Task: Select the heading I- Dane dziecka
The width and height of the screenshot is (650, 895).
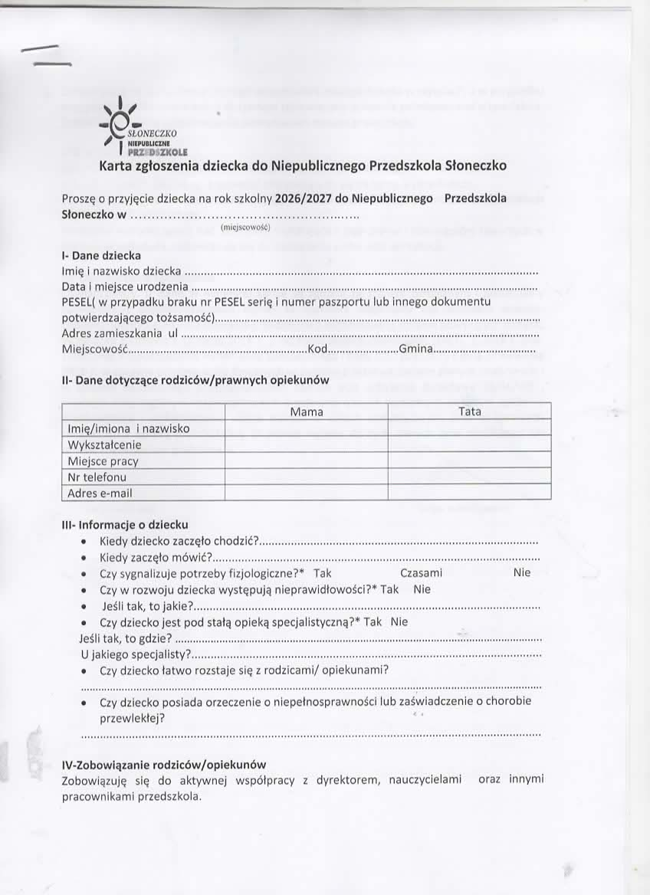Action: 101,255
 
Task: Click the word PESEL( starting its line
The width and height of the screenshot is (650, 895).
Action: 77,302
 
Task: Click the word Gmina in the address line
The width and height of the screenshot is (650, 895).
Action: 416,350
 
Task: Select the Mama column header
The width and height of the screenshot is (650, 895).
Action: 307,411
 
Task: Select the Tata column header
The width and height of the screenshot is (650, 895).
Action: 469,411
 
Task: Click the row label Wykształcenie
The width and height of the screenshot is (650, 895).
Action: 105,444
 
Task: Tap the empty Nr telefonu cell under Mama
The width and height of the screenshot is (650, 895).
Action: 307,477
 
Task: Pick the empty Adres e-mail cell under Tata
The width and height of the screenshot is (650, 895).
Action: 469,493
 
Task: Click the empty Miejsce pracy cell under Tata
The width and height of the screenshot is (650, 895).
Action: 469,461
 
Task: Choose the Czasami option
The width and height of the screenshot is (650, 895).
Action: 421,572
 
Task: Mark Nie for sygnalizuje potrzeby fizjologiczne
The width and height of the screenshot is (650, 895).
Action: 521,572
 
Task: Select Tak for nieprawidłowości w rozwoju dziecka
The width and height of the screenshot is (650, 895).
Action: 389,589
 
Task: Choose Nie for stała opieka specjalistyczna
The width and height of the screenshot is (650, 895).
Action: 399,622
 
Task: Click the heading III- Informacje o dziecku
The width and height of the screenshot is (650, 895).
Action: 125,525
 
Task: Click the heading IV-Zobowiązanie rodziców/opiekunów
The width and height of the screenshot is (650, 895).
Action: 163,764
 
